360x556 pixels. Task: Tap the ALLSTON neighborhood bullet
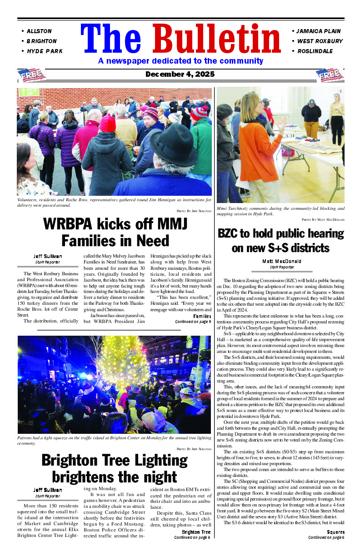(x=39, y=31)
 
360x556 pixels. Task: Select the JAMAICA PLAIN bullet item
(x=318, y=31)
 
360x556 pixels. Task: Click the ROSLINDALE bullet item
(x=315, y=51)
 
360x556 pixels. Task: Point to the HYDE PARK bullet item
(x=45, y=51)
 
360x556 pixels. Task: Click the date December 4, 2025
(x=180, y=74)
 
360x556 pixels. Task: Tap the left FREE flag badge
(x=31, y=75)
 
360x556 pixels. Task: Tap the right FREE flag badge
(x=330, y=75)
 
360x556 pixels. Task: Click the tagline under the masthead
(x=180, y=61)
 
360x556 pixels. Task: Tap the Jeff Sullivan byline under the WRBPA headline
(x=48, y=257)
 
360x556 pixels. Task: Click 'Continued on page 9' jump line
(x=193, y=322)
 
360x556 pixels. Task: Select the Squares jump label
(x=335, y=532)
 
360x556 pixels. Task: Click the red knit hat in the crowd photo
(x=108, y=123)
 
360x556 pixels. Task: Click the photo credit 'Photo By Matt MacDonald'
(x=323, y=219)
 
